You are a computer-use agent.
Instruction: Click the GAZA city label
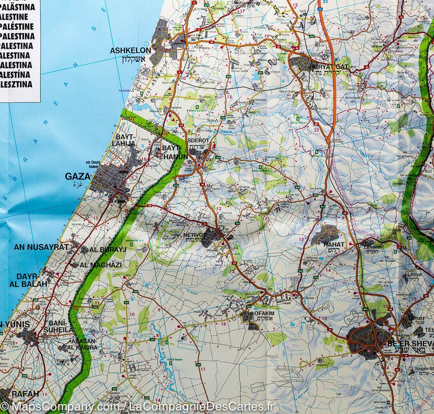[77, 176]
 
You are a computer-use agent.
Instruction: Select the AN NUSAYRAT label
[41, 247]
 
